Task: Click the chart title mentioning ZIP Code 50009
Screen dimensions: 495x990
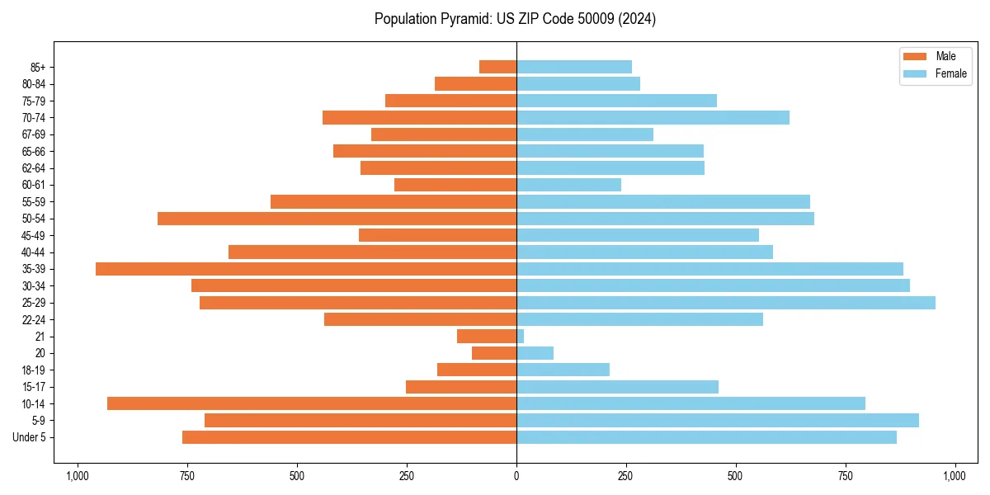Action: point(515,19)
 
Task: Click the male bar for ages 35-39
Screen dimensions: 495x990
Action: point(306,269)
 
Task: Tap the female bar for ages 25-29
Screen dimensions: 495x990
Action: point(726,303)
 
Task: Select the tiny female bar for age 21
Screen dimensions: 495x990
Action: point(521,337)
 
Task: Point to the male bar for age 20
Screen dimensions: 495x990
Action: point(494,353)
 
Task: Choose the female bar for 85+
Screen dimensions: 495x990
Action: point(574,67)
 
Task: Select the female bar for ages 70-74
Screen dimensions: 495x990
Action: point(653,117)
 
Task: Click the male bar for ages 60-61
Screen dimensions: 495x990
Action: point(455,185)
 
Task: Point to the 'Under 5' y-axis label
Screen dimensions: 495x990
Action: point(30,437)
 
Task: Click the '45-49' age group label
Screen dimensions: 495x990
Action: point(34,235)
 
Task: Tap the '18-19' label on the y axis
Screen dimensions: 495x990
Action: point(34,370)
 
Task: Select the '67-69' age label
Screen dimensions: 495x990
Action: point(34,134)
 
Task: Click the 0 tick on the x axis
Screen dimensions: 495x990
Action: point(516,476)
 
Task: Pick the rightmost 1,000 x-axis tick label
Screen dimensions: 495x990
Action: point(955,476)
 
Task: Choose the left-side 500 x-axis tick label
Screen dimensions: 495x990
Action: point(297,476)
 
